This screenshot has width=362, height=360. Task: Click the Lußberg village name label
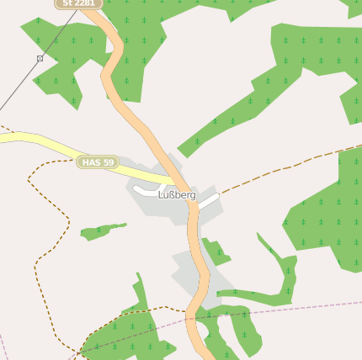tap(177, 195)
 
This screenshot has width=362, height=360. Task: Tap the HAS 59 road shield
tap(98, 161)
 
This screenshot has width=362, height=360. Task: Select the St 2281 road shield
tap(79, 3)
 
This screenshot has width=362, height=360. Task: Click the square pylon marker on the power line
tap(40, 58)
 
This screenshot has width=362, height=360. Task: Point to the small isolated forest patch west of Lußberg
tap(101, 230)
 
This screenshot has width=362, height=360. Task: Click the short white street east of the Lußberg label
tap(209, 200)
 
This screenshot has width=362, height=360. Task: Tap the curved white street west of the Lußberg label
tap(145, 193)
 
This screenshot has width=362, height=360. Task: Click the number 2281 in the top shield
tap(85, 3)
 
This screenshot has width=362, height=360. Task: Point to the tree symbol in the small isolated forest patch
tap(98, 230)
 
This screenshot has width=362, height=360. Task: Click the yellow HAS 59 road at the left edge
tap(7, 137)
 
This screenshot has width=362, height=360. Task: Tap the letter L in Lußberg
tap(161, 195)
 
